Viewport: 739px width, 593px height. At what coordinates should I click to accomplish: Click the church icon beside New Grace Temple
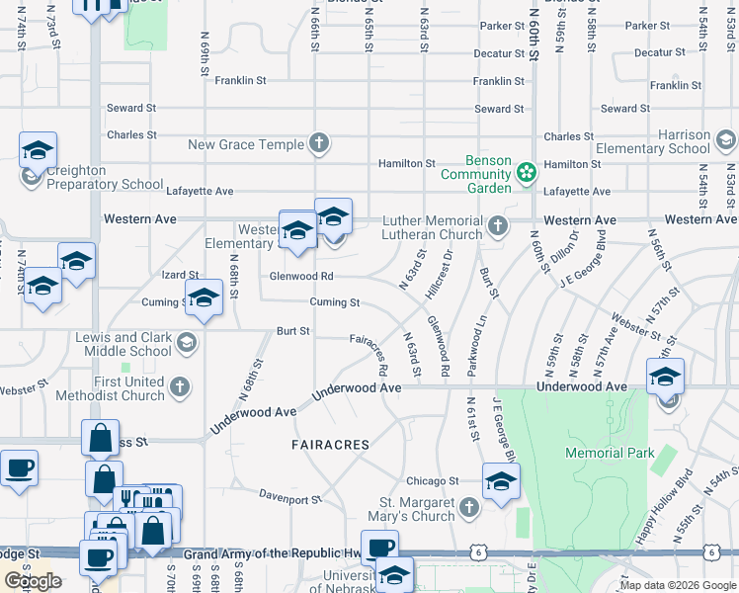(x=318, y=144)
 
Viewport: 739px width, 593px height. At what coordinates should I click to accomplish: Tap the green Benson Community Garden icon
(x=527, y=173)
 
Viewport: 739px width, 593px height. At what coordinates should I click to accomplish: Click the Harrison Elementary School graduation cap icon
(x=726, y=141)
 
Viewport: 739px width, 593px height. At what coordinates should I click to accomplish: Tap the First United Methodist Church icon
(x=180, y=388)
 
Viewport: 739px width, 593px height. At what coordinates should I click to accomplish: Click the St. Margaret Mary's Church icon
(x=469, y=508)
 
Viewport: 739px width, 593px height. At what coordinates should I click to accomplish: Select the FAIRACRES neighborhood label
(x=330, y=446)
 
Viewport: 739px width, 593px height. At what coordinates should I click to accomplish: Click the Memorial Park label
(x=610, y=453)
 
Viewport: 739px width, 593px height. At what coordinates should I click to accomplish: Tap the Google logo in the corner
(x=33, y=581)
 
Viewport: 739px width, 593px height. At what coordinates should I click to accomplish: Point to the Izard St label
(x=180, y=275)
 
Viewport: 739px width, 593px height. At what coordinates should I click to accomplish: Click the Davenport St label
(x=290, y=499)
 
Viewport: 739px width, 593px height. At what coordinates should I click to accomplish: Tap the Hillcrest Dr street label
(x=440, y=274)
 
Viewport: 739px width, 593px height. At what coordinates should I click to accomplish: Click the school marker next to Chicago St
(x=501, y=482)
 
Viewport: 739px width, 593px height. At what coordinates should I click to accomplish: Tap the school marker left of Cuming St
(x=204, y=298)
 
